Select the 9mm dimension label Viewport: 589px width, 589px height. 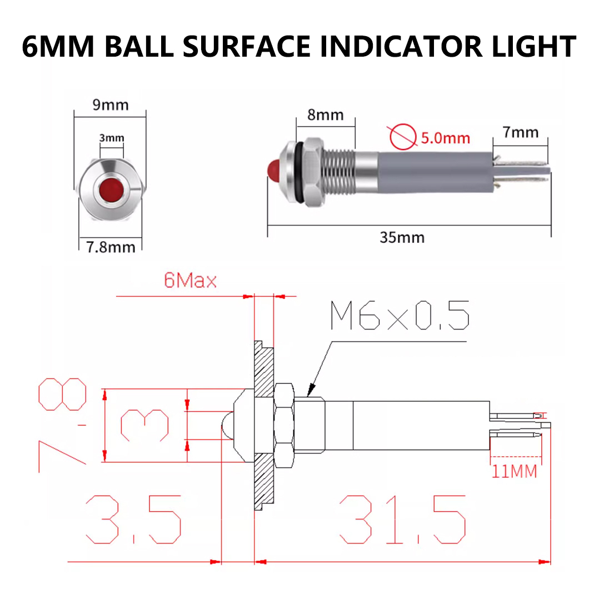coord(111,105)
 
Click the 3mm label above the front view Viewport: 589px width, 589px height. coord(112,138)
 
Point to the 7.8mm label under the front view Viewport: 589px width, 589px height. coord(111,247)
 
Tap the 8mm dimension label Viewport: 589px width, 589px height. coord(325,115)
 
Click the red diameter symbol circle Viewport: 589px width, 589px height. coord(403,137)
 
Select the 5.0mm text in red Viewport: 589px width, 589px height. coord(446,138)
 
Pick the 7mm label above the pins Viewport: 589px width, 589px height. coord(520,132)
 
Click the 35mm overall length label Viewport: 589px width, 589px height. coord(402,237)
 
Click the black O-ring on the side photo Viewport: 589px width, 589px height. coord(298,173)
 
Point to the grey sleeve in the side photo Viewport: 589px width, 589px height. coord(436,172)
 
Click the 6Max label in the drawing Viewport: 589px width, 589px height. coord(191,281)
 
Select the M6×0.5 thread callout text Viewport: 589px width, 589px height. coord(400,316)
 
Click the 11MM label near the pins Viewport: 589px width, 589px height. coord(514,471)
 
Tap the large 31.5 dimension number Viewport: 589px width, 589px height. coord(403,520)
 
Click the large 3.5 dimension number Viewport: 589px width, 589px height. coord(134,520)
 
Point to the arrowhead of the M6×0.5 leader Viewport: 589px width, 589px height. coord(311,390)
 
